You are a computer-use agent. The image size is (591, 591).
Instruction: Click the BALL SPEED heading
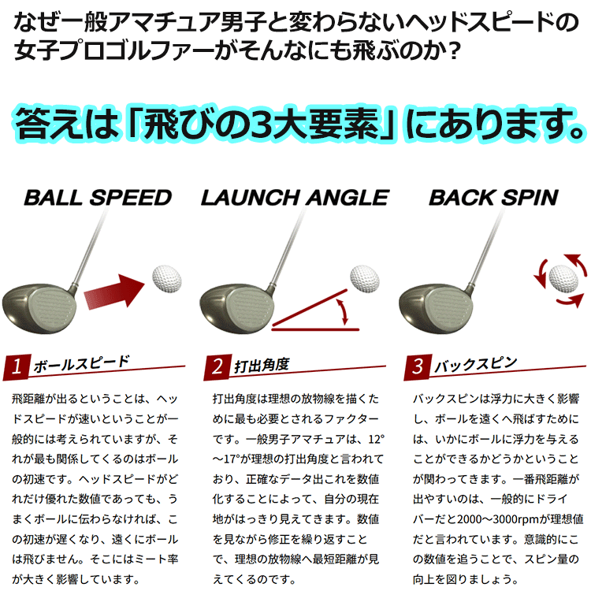(x=98, y=198)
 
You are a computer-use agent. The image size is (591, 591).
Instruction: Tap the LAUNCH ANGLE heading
(x=295, y=198)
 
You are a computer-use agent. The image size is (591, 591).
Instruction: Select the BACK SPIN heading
(x=494, y=198)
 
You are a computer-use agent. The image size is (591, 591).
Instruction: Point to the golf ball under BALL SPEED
(x=166, y=279)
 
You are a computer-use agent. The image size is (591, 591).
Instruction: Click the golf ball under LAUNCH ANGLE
(x=365, y=279)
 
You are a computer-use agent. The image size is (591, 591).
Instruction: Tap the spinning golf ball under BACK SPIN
(x=563, y=279)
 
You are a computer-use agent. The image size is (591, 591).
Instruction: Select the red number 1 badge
(x=17, y=366)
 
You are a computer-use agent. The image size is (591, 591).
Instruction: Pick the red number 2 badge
(x=217, y=366)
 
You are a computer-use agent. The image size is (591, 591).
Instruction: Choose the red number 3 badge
(x=418, y=366)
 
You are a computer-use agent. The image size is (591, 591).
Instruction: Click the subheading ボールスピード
(x=81, y=364)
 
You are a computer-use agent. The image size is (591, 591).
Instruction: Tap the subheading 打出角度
(x=262, y=365)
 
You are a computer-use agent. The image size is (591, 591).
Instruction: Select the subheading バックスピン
(x=476, y=364)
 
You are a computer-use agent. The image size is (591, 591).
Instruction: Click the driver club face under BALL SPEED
(x=52, y=309)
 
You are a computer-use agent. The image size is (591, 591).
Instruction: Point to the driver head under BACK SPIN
(x=436, y=308)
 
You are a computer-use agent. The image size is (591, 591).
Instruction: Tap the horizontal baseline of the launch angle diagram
(x=315, y=329)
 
